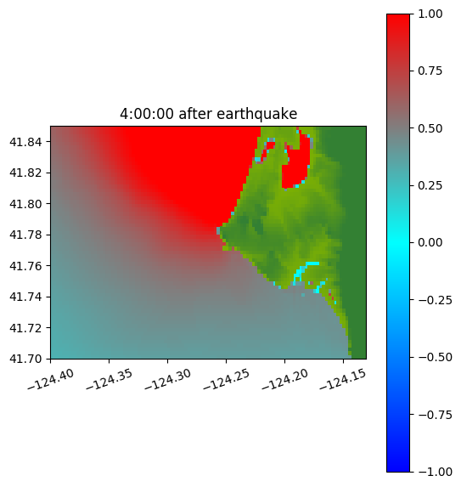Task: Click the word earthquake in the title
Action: (257, 114)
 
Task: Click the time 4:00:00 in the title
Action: (147, 114)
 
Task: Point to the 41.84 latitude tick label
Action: (25, 142)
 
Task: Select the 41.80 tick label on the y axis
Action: (25, 204)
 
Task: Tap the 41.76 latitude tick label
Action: (25, 266)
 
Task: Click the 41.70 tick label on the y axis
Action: (25, 359)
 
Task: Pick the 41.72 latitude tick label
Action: (25, 328)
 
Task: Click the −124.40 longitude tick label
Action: (51, 379)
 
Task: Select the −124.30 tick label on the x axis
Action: (168, 379)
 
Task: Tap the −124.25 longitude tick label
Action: (227, 379)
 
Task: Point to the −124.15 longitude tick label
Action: (344, 379)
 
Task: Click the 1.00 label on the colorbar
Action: (430, 14)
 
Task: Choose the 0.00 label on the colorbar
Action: (430, 242)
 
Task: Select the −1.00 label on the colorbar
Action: (435, 472)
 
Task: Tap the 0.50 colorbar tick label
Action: (430, 128)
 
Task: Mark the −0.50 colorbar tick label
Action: (435, 357)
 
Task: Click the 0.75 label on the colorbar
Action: (430, 71)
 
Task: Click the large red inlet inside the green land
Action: (296, 165)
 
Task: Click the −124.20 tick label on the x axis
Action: (285, 379)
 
